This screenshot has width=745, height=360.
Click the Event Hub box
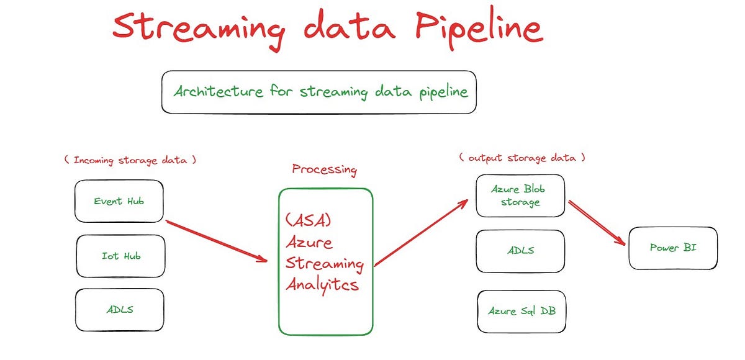(x=119, y=201)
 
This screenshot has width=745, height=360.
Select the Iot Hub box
(x=120, y=256)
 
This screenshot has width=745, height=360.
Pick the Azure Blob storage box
(x=520, y=196)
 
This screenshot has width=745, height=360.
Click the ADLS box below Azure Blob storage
(x=520, y=251)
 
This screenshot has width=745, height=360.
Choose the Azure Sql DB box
(x=521, y=311)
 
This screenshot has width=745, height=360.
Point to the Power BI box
(x=673, y=248)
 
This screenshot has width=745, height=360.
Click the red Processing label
(x=324, y=169)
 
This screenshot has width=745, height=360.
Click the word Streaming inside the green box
(x=324, y=263)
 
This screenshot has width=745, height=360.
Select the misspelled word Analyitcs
(x=322, y=285)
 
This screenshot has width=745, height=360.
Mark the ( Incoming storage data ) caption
(x=130, y=160)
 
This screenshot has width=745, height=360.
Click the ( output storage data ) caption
(x=521, y=158)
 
